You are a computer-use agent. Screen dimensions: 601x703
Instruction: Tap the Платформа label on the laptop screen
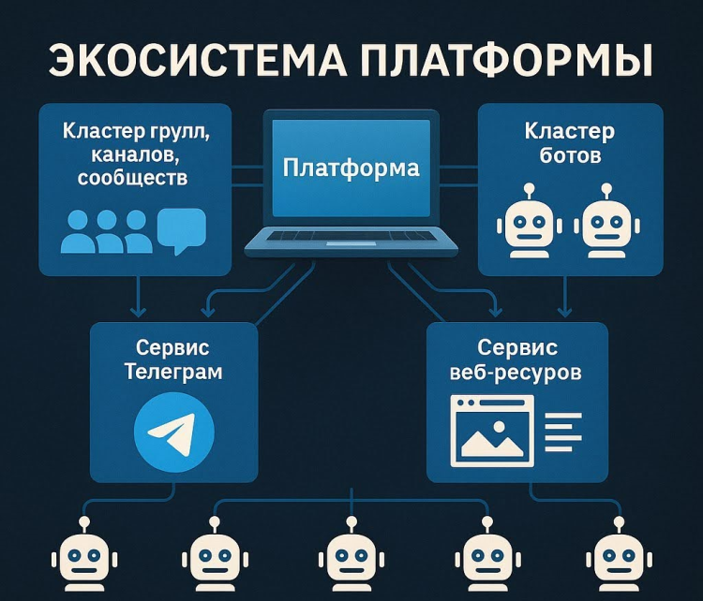[x=351, y=169]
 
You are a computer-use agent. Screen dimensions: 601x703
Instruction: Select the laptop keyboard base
[x=351, y=242]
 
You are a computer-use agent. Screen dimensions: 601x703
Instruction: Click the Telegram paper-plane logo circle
[x=174, y=433]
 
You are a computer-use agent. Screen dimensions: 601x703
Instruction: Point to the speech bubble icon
[x=181, y=230]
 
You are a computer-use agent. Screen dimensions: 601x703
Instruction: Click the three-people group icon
[x=106, y=232]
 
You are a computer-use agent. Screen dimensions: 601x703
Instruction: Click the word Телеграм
[x=173, y=372]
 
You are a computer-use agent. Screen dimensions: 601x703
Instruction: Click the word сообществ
[x=135, y=177]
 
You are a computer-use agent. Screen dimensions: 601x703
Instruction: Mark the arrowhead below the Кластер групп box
[x=138, y=312]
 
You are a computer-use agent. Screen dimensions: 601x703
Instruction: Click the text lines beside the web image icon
[x=562, y=430]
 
